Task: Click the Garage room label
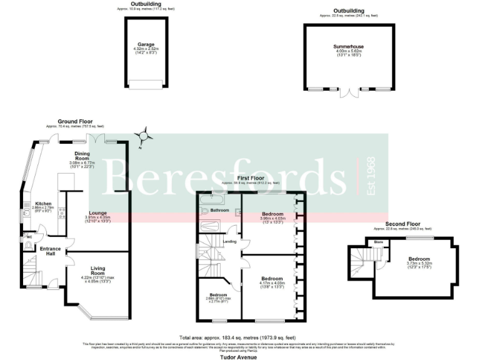[146, 45]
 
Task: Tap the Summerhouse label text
[349, 47]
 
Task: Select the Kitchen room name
[43, 204]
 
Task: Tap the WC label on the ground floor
[29, 238]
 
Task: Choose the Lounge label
[98, 213]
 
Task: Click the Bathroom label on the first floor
[219, 210]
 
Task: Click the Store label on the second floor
[378, 242]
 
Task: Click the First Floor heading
[251, 178]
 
